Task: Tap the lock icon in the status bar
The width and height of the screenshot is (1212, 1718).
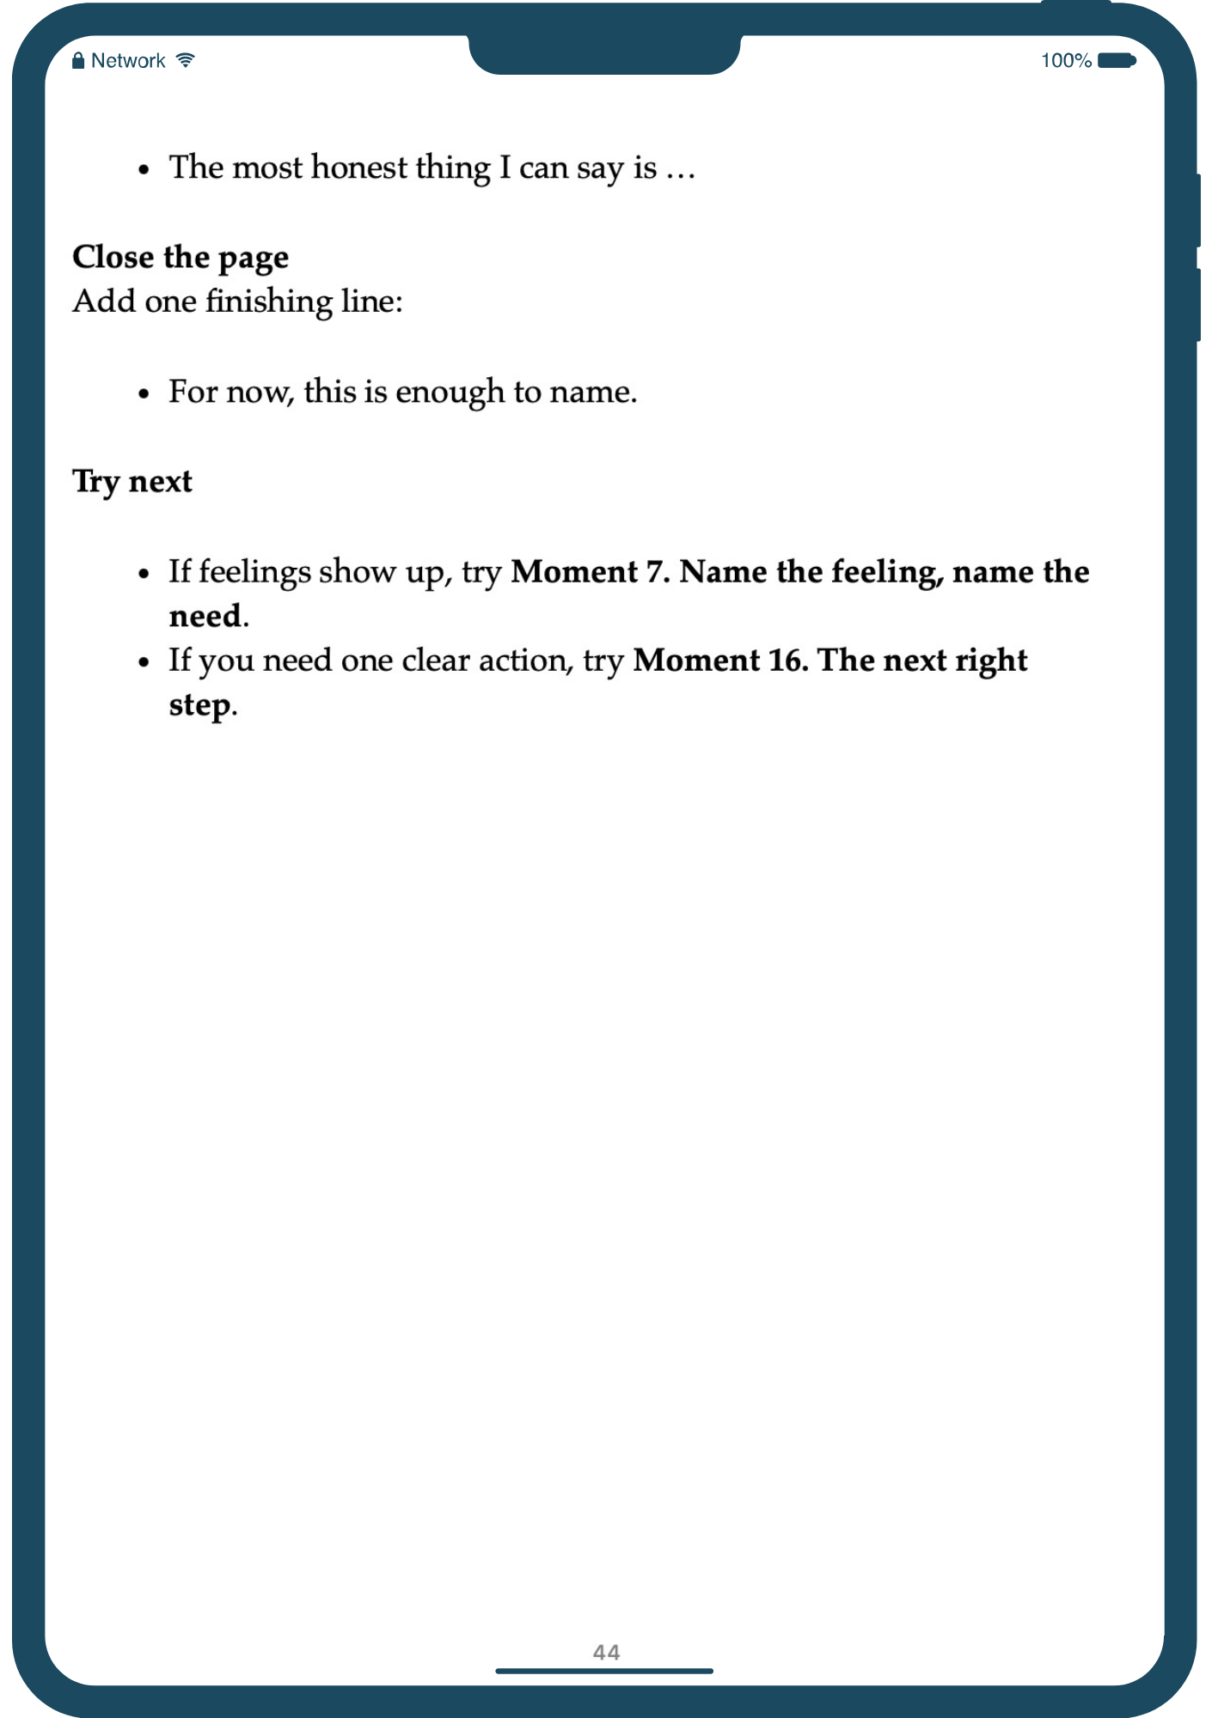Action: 78,60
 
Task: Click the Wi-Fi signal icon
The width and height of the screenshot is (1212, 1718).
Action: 186,60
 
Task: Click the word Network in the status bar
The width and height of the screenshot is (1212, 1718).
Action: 128,61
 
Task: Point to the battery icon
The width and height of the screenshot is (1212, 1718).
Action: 1117,60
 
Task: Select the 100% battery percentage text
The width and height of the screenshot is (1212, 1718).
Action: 1066,61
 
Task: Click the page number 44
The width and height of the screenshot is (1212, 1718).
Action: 606,1652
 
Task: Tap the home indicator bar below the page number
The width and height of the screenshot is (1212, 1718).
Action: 604,1671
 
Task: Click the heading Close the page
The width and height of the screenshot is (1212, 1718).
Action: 181,258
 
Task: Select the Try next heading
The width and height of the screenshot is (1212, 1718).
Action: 132,482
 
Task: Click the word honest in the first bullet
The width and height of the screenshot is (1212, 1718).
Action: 359,168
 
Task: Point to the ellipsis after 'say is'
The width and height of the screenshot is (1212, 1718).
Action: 681,170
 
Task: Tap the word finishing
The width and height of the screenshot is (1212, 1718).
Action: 269,302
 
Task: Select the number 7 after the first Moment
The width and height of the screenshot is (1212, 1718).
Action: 655,572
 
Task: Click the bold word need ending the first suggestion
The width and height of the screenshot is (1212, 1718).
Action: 205,617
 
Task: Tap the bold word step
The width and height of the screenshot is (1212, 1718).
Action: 199,706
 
